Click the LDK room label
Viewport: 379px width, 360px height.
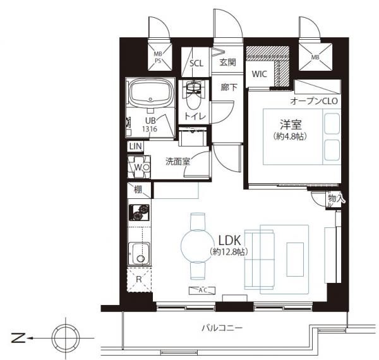tap(229, 241)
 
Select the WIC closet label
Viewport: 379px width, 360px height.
tap(260, 74)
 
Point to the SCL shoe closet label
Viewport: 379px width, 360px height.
tap(196, 63)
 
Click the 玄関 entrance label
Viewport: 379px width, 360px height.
tap(227, 63)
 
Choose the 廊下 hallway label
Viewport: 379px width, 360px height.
tap(229, 87)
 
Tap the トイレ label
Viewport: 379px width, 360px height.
tap(195, 116)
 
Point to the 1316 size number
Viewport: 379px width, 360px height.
tap(150, 129)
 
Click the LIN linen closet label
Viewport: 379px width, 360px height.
tap(135, 146)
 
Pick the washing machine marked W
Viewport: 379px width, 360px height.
tap(139, 167)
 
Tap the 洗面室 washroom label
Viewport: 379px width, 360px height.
tap(177, 162)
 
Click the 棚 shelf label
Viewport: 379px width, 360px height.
tap(138, 190)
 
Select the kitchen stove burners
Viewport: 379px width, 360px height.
tap(139, 213)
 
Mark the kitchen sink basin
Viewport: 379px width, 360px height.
tap(139, 253)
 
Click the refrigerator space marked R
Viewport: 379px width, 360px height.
tap(139, 280)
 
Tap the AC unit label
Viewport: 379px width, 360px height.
tap(202, 291)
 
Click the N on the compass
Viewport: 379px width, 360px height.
tap(18, 338)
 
